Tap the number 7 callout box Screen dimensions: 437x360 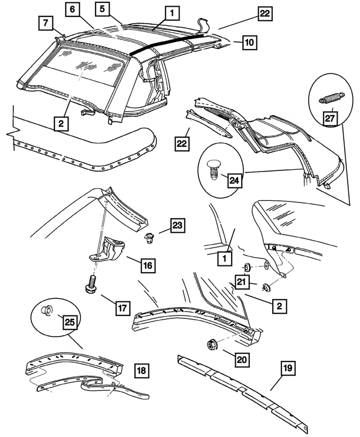click(46, 23)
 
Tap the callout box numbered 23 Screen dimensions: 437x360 click(177, 226)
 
